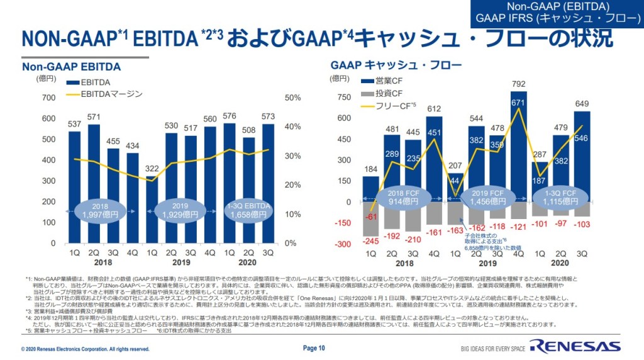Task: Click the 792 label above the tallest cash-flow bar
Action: click(x=518, y=83)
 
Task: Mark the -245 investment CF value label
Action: click(x=371, y=241)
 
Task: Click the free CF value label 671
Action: click(x=518, y=103)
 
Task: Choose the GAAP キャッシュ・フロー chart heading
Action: click(x=396, y=65)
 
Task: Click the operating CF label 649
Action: click(x=582, y=104)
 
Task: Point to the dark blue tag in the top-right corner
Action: click(x=557, y=13)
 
